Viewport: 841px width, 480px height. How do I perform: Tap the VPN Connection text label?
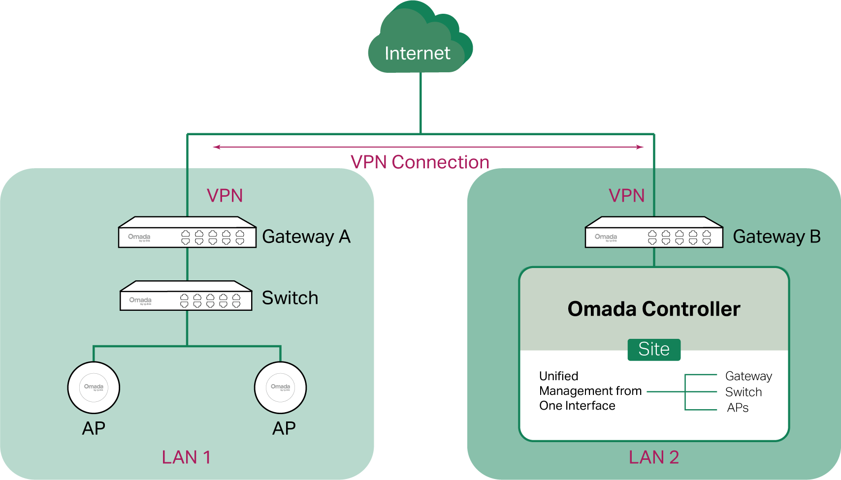click(x=420, y=162)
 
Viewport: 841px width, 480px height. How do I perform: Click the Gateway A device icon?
click(x=187, y=233)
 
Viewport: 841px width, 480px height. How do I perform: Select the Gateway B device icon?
click(x=654, y=233)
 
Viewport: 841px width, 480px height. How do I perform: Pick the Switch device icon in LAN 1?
click(x=186, y=296)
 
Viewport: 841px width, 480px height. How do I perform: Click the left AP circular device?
click(x=94, y=388)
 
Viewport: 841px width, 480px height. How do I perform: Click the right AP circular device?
click(x=280, y=388)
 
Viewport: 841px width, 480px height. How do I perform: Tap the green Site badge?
click(x=654, y=349)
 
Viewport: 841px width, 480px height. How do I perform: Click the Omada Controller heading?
click(x=654, y=309)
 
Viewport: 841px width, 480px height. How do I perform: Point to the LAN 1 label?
click(x=186, y=457)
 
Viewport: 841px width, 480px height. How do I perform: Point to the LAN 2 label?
click(x=654, y=457)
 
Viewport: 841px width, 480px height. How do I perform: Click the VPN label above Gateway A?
click(x=225, y=196)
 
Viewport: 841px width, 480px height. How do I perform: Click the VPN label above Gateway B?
click(x=626, y=196)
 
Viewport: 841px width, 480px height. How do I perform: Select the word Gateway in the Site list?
click(x=748, y=376)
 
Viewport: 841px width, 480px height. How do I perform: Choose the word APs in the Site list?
click(x=738, y=408)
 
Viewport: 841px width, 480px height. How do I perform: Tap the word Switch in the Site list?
click(x=744, y=392)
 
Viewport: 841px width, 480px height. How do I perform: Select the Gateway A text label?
click(x=306, y=237)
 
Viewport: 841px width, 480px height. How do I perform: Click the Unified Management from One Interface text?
click(x=590, y=391)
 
